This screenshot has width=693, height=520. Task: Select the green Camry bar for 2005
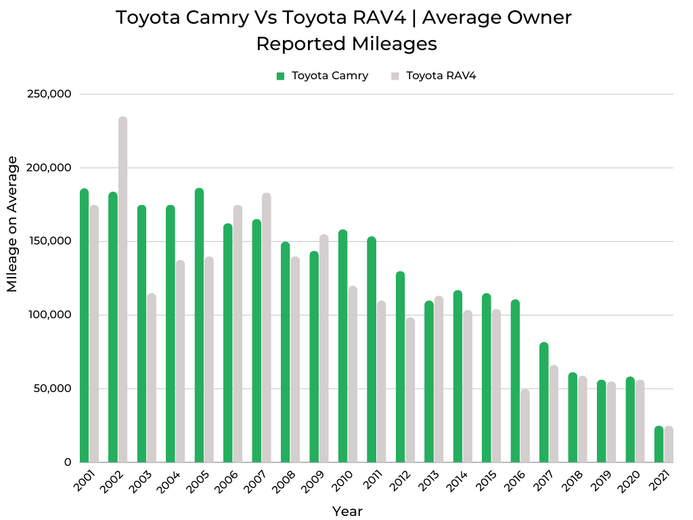[x=199, y=326]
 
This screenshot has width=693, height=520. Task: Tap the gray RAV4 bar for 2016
[x=525, y=426]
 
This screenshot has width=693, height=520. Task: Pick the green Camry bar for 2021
[x=659, y=444]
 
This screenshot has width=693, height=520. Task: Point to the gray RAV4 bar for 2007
[x=267, y=328]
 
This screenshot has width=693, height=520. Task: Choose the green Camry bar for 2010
[x=343, y=346]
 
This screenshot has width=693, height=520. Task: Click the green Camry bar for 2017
[x=544, y=402]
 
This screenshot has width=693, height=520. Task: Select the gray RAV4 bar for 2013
[x=439, y=379]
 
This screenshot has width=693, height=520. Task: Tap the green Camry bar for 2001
[x=84, y=326]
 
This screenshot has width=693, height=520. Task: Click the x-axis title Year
[x=347, y=511]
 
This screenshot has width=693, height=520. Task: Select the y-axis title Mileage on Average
[x=12, y=223]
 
